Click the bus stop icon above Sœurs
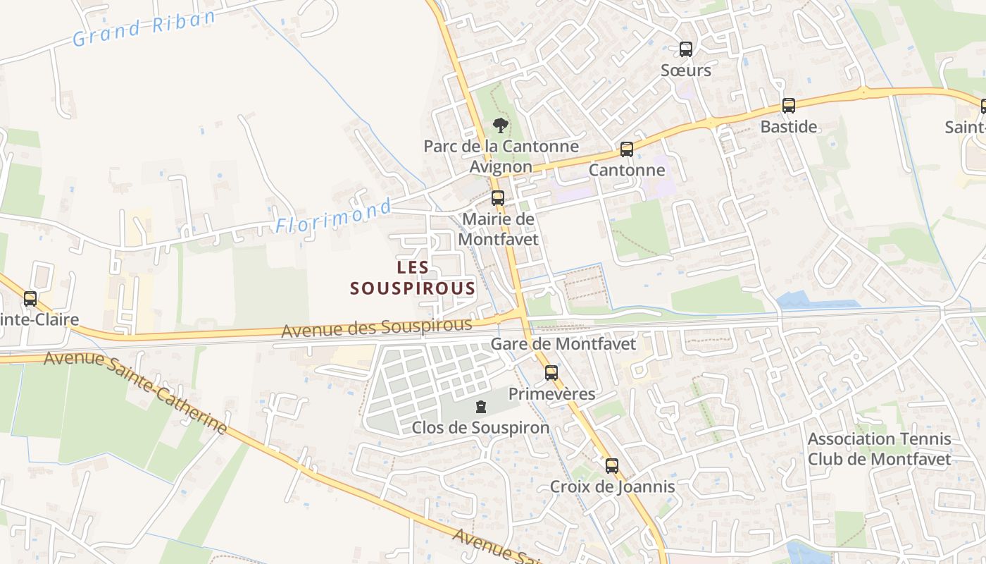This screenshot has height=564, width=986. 685,49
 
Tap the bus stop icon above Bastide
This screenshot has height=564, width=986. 789,106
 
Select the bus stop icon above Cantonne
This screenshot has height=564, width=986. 626,149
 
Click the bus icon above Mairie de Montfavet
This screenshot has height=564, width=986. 498,198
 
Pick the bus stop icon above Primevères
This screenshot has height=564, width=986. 551,373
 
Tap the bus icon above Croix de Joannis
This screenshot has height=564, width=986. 611,465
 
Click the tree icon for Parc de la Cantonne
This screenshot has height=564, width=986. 501,125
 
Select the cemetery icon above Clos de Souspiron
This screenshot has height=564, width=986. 480,407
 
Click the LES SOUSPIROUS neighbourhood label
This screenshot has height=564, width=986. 413,278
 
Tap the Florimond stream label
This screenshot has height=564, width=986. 333,217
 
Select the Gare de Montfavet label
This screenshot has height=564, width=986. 563,344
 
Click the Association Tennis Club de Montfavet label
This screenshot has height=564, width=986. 879,449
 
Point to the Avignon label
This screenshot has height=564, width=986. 501,167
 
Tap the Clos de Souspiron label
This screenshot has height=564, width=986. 480,428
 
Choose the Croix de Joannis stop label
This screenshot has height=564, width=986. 612,486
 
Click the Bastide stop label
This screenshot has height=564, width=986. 789,127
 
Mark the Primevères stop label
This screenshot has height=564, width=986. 551,393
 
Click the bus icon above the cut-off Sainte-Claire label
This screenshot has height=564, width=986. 30,299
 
